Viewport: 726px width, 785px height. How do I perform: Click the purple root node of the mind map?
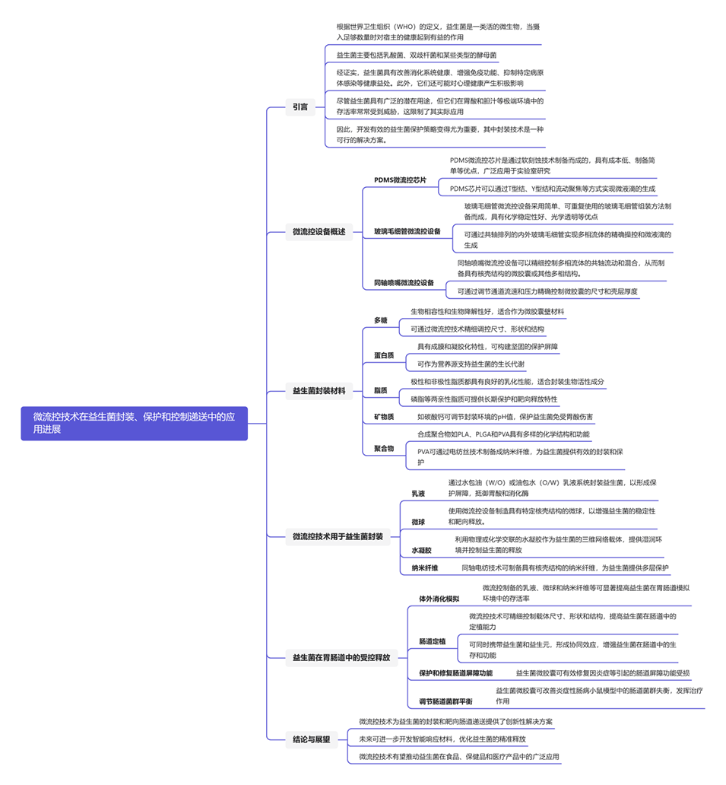(x=134, y=423)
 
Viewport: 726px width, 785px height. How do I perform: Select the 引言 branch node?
(x=300, y=107)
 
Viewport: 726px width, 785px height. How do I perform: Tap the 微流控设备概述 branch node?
(x=319, y=231)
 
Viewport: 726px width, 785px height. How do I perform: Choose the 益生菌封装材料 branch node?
(x=319, y=391)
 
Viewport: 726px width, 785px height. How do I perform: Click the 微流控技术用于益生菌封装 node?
(x=338, y=536)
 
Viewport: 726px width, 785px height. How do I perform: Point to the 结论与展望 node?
(x=311, y=739)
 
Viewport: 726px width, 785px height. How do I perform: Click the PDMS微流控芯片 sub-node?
(x=400, y=180)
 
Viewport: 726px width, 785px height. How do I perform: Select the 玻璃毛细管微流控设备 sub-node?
(x=407, y=231)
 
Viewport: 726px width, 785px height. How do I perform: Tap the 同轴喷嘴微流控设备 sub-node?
(x=404, y=283)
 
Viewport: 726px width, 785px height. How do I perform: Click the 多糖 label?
(x=380, y=320)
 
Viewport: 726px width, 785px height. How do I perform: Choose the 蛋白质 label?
(x=384, y=355)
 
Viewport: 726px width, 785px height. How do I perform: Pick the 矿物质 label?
(x=384, y=417)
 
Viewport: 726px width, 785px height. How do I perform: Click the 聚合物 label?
(x=384, y=449)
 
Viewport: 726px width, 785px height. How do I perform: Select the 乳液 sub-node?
(x=418, y=494)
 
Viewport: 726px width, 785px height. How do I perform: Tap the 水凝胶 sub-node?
(x=421, y=550)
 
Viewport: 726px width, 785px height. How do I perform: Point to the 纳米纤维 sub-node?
(x=424, y=567)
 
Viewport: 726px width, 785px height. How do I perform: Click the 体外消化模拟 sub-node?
(x=439, y=599)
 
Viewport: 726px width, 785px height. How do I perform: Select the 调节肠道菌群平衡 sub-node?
(x=445, y=701)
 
